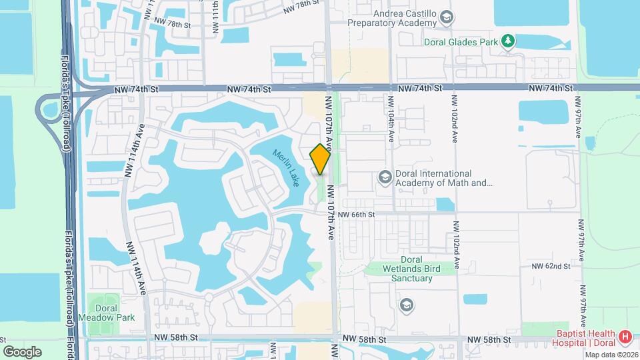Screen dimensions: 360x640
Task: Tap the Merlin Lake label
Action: [x=285, y=167]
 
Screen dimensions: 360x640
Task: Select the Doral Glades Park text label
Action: [x=461, y=41]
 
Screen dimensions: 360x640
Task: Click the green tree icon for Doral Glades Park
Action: [x=509, y=41]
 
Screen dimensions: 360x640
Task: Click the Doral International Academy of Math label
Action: [x=443, y=178]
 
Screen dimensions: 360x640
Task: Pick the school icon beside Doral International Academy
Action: [x=384, y=177]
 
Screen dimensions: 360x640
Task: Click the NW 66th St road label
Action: [x=357, y=215]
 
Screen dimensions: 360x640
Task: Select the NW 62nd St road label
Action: [x=551, y=266]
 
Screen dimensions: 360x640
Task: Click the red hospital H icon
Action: [x=625, y=337]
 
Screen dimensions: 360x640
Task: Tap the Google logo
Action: [x=22, y=351]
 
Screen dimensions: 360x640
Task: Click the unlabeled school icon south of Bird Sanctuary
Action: [x=405, y=305]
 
